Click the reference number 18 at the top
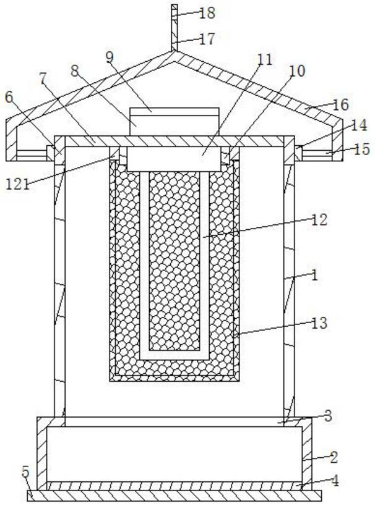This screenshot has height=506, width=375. (207, 13)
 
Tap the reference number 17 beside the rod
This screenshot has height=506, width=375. (207, 39)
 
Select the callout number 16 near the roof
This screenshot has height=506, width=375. (341, 104)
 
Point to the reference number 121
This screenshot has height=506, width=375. (18, 184)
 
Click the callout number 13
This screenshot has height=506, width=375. (319, 323)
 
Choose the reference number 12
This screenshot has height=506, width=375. (319, 220)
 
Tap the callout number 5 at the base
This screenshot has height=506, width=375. (26, 472)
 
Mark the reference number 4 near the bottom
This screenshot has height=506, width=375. (335, 481)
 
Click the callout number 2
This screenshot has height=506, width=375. (334, 457)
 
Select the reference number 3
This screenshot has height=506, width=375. (328, 416)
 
